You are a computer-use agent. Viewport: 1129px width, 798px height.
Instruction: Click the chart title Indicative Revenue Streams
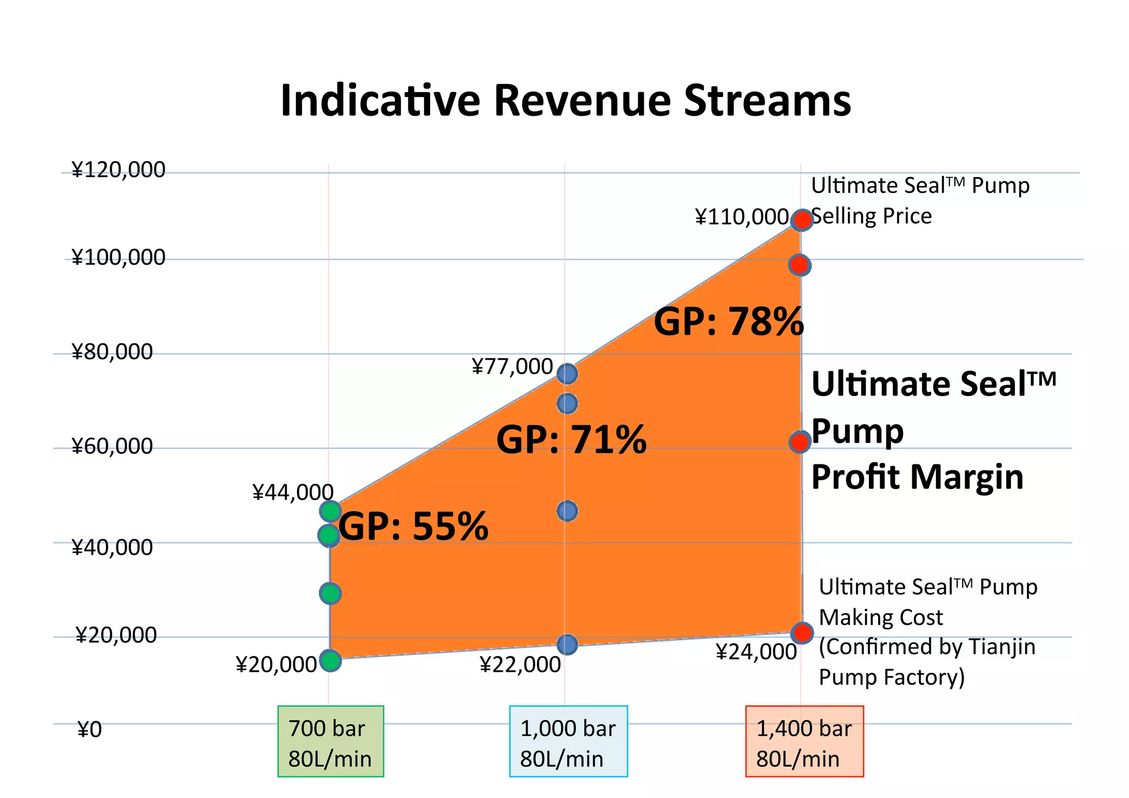coord(566,100)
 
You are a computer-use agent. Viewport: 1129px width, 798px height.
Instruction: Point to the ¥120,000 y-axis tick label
coord(118,170)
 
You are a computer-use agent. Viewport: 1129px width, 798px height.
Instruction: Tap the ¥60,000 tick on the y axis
coord(112,446)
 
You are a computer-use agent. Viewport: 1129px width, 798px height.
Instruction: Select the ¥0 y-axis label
coord(90,730)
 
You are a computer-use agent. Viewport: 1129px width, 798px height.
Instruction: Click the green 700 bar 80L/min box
coord(330,742)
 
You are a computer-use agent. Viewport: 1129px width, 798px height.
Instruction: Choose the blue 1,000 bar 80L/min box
coord(568,742)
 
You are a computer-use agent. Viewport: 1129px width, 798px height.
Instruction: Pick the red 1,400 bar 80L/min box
coord(804,742)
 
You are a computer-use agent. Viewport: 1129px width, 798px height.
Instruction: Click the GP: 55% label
coord(413,526)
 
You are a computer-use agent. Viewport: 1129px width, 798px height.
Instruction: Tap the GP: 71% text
coord(571,440)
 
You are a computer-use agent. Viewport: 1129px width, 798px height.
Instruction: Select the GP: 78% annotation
coord(728,322)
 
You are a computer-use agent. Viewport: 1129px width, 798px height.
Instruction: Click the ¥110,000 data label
coord(741,217)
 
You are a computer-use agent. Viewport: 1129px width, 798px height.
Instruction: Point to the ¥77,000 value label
coord(512,367)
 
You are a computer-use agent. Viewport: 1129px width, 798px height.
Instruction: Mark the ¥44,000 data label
coord(293,492)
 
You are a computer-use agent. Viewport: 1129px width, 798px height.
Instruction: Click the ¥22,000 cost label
coord(520,665)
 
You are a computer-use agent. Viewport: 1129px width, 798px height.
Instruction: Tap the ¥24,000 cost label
coord(756,652)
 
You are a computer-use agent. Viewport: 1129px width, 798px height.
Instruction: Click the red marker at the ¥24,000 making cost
coord(802,633)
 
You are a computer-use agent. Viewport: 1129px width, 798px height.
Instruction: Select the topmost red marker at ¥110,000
coord(802,220)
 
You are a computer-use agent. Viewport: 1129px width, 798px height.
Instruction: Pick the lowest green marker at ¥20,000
coord(330,660)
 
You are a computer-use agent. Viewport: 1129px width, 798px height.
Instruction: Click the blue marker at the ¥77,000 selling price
coord(567,374)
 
